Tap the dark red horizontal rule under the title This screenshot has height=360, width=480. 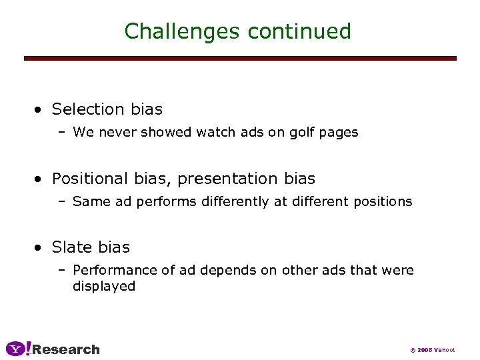(x=240, y=59)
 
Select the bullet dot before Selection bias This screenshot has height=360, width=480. (x=41, y=109)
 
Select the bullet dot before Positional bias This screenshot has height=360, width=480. (x=41, y=179)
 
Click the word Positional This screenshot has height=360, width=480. (x=89, y=179)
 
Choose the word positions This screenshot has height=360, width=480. (x=385, y=201)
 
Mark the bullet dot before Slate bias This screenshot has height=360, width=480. (x=41, y=247)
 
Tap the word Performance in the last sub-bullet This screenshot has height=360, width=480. (x=111, y=270)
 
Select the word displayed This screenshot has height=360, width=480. (x=104, y=287)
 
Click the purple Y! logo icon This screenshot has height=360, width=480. (x=18, y=349)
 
